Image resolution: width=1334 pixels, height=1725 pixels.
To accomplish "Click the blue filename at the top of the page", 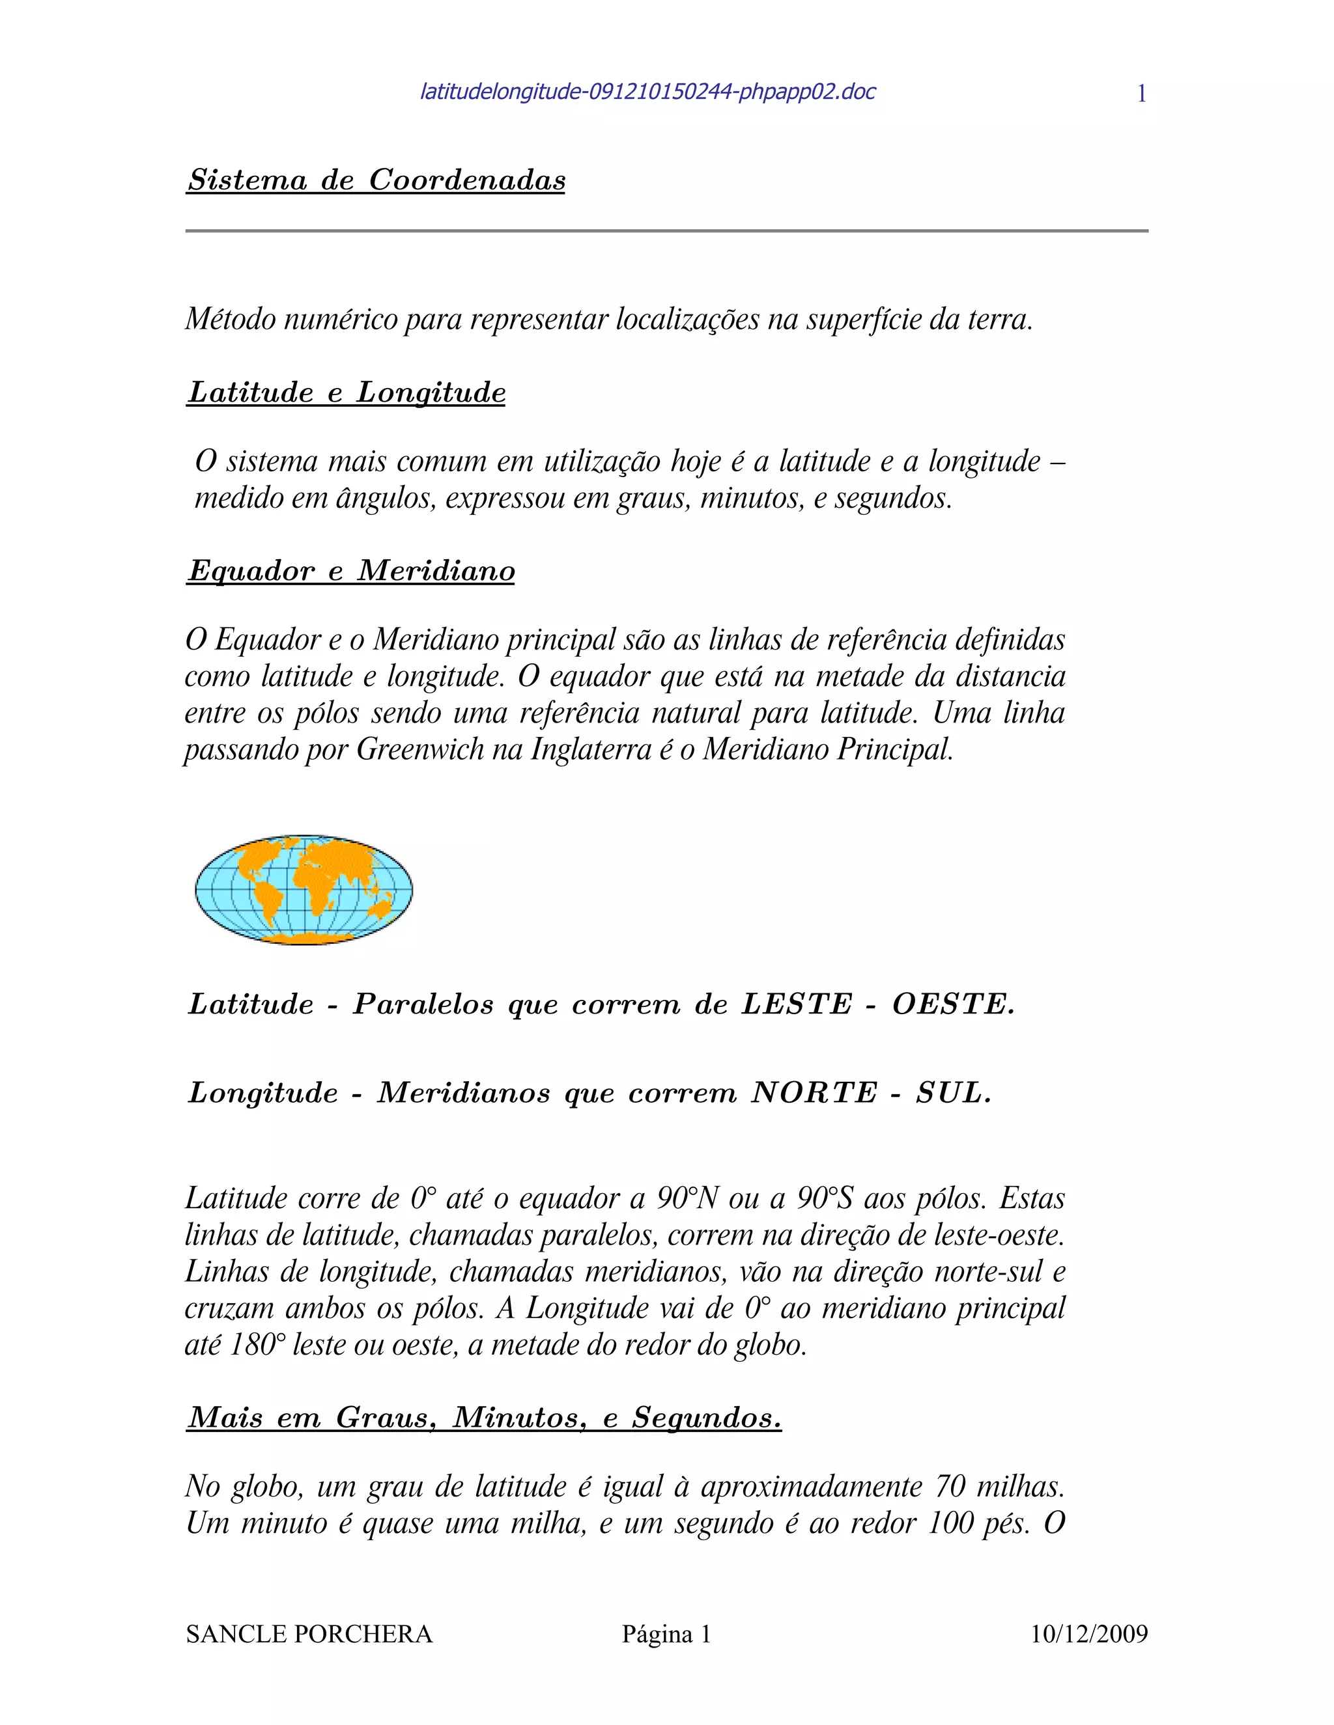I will click(647, 92).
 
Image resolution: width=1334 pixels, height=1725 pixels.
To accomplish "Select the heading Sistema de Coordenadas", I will click(376, 180).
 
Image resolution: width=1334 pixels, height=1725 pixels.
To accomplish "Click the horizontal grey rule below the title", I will click(666, 230).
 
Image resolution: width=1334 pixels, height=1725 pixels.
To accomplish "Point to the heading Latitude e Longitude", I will click(346, 393).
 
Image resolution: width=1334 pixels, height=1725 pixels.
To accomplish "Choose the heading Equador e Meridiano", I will click(351, 570).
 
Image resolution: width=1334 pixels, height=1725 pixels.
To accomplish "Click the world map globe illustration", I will click(304, 889).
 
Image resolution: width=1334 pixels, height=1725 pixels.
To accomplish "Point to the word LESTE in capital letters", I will click(797, 1004).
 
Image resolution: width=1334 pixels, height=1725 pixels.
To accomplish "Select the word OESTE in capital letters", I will click(952, 1004).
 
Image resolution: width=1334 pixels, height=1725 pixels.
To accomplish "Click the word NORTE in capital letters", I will click(814, 1093).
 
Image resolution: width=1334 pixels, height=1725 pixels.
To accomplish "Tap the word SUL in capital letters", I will click(952, 1093).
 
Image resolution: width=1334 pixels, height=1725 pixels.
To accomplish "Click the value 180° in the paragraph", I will click(255, 1344).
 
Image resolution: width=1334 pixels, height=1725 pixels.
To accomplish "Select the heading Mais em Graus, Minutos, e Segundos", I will click(484, 1418).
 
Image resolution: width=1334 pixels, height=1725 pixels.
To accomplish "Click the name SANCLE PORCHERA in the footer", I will click(309, 1634).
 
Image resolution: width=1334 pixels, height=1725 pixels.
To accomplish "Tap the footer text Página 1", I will click(666, 1634).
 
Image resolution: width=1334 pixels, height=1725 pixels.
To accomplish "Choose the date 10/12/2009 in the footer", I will click(1089, 1634).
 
